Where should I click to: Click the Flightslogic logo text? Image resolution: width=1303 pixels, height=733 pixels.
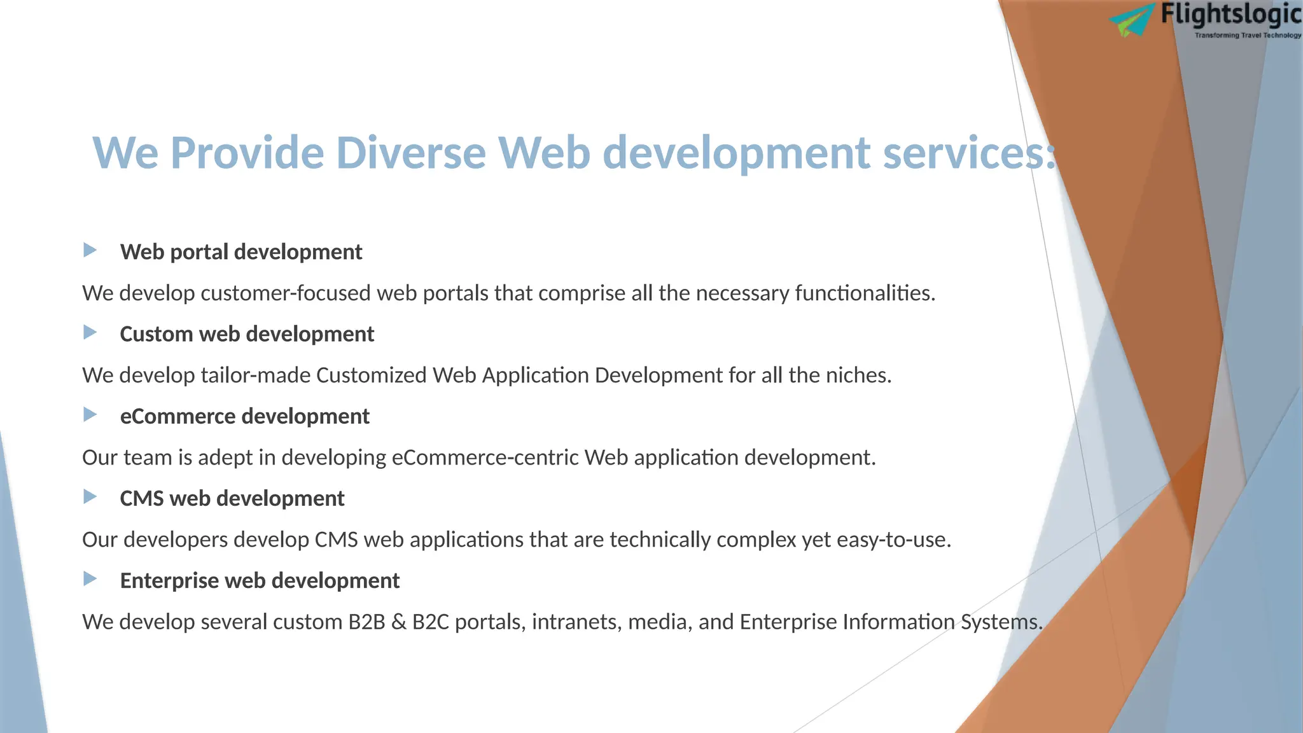1230,15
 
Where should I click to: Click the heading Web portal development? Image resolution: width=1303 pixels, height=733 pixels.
241,252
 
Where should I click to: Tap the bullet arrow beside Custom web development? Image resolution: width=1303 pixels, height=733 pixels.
90,332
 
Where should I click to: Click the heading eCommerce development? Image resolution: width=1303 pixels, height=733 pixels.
244,416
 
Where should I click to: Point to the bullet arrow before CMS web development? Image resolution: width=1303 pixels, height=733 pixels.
90,496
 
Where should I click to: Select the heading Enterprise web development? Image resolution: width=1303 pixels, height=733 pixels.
260,580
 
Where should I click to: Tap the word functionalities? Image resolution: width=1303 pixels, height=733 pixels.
865,293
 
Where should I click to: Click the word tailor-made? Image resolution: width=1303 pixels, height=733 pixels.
255,375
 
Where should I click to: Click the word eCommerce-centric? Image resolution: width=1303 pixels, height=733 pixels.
485,457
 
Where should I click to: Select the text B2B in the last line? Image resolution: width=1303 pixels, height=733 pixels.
366,622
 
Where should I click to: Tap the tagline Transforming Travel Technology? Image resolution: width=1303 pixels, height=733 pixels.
1248,36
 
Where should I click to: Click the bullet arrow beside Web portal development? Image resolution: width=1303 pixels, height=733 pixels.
90,250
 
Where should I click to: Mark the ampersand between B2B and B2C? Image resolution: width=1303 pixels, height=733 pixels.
399,622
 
